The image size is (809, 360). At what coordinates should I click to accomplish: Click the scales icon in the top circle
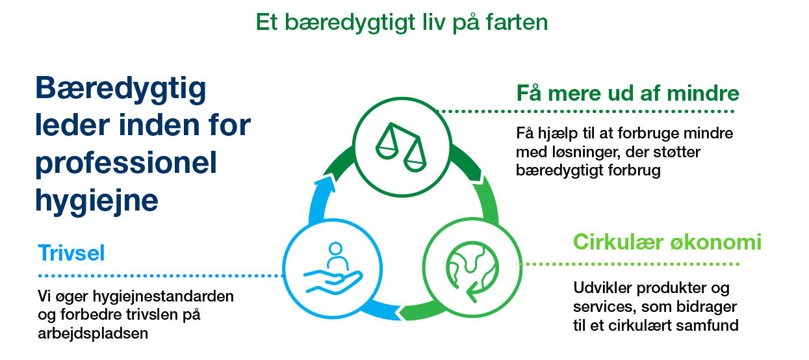[x=401, y=148]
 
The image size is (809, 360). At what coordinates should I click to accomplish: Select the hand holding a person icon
[x=333, y=269]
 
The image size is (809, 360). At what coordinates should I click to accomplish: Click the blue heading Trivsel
[x=71, y=253]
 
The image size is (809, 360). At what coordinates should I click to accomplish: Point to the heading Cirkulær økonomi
[x=667, y=242]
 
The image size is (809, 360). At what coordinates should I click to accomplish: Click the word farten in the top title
[x=517, y=22]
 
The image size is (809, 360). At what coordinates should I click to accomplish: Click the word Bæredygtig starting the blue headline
[x=121, y=89]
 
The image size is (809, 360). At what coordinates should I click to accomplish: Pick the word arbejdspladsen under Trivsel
[x=93, y=333]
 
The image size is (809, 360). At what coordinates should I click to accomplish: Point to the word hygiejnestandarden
[x=163, y=297]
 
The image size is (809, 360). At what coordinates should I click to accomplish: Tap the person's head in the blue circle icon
[x=335, y=248]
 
